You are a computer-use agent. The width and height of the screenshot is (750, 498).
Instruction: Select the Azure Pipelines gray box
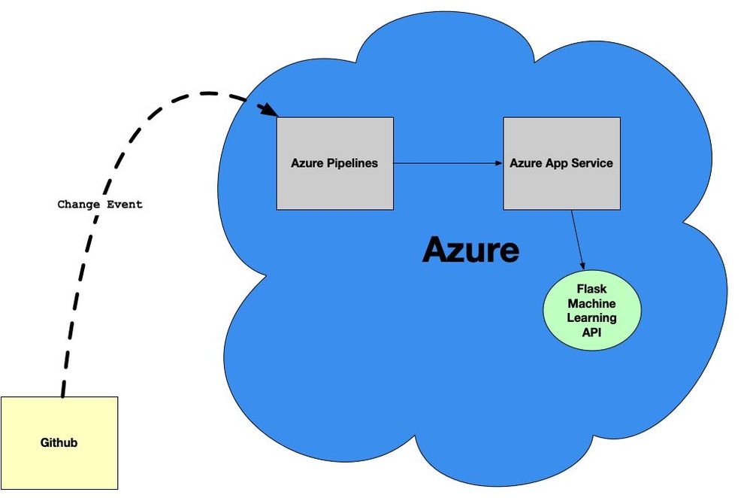[x=334, y=163]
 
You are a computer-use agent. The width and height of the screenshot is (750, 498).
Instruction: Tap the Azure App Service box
[x=561, y=163]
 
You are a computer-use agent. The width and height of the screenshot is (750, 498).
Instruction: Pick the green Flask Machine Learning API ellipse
[x=591, y=311]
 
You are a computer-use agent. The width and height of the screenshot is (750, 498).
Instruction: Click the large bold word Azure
[x=470, y=249]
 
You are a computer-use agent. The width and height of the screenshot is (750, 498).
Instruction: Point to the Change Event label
[x=100, y=204]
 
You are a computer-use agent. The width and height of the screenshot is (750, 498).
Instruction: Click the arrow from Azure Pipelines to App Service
[x=448, y=163]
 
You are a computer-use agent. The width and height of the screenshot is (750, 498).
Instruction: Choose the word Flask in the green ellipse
[x=591, y=289]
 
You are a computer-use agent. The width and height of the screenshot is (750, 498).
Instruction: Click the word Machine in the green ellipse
[x=591, y=303]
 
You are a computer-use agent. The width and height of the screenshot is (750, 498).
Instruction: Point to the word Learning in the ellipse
[x=591, y=317]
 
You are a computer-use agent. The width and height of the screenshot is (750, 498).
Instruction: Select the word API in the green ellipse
[x=591, y=332]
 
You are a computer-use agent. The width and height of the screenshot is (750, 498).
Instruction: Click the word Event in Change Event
[x=124, y=204]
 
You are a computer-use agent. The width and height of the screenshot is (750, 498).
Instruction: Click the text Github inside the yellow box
[x=59, y=442]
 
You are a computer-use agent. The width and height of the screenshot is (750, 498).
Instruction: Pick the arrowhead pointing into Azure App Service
[x=497, y=163]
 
